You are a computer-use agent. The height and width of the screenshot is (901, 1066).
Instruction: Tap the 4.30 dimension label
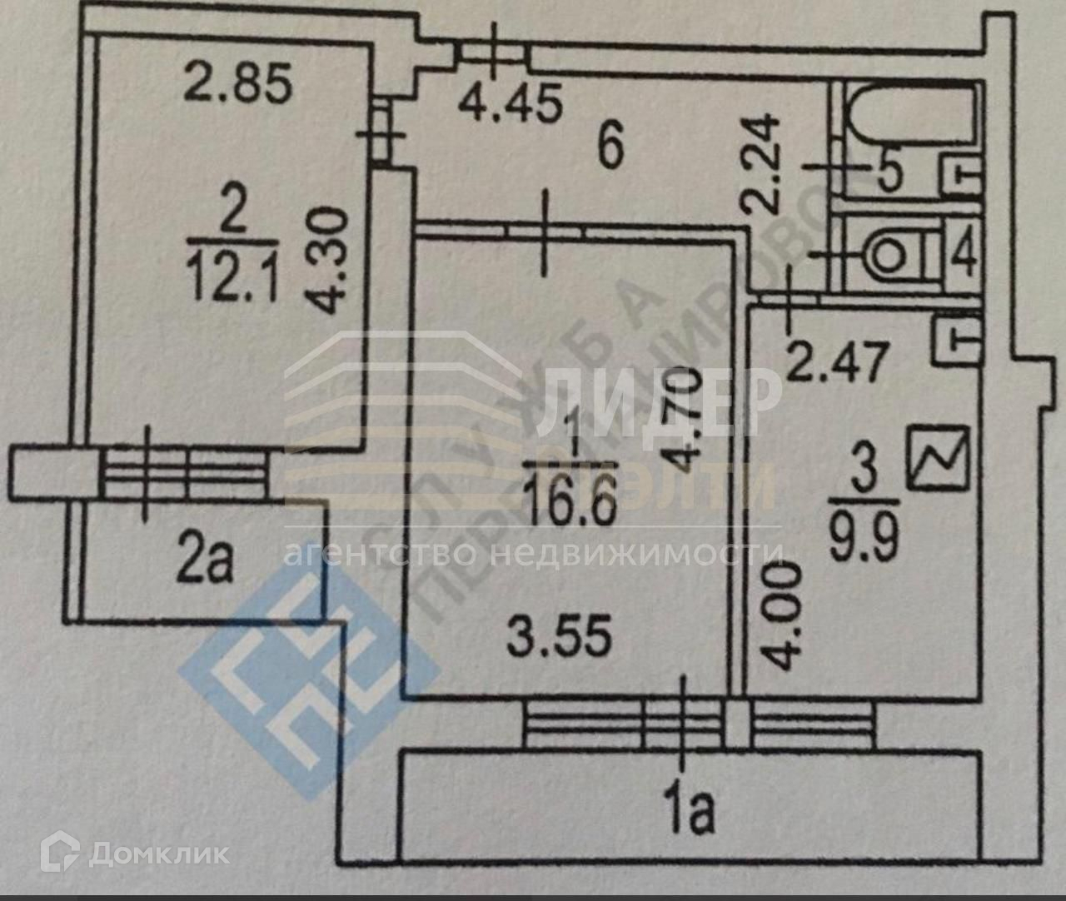(x=331, y=261)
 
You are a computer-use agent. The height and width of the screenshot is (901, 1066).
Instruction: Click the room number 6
(x=610, y=149)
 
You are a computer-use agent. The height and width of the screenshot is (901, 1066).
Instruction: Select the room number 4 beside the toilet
(x=964, y=255)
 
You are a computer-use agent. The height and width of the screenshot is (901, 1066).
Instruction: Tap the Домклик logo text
(x=158, y=852)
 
